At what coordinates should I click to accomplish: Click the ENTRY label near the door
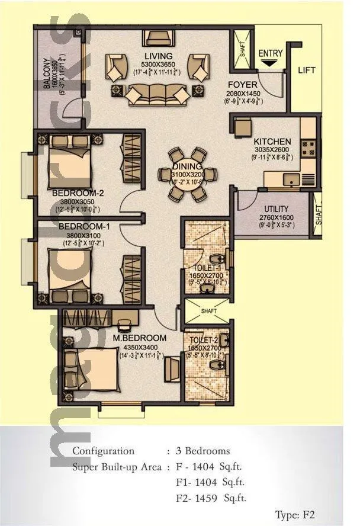tap(271, 53)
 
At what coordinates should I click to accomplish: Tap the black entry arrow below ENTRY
tap(271, 62)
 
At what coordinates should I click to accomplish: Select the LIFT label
tap(307, 70)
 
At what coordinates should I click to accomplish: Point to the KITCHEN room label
tap(272, 142)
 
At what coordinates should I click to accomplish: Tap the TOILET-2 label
tap(204, 340)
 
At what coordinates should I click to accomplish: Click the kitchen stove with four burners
tap(308, 147)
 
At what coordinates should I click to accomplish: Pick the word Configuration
tap(103, 451)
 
